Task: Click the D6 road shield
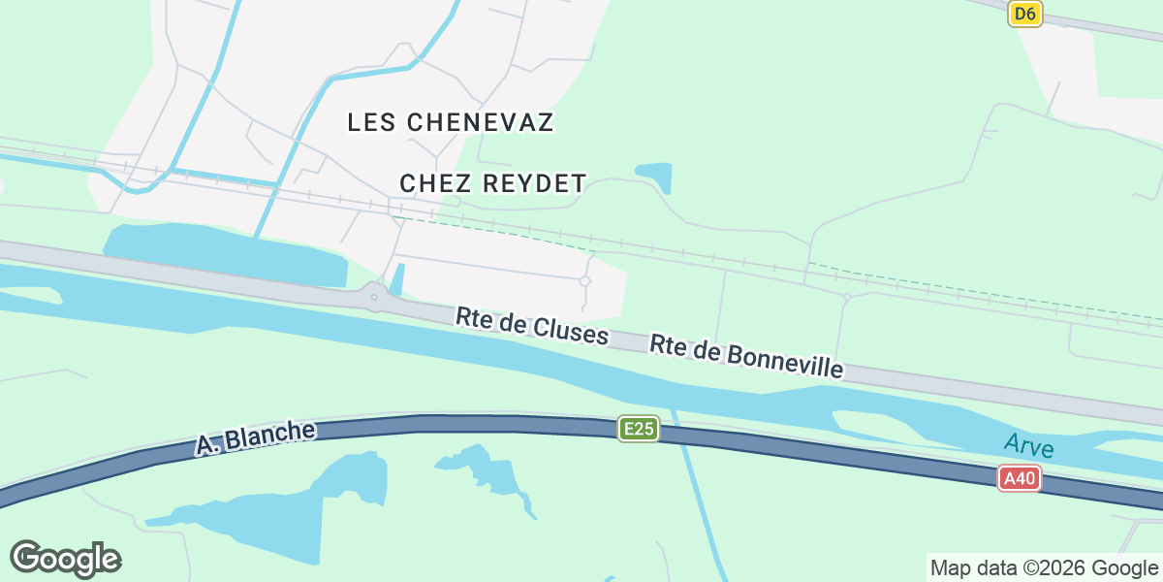[1024, 14]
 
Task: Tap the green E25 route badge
[639, 429]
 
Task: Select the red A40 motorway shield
[1021, 478]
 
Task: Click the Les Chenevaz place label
[451, 122]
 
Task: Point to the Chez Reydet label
[493, 183]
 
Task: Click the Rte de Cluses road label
[532, 327]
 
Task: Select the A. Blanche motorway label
[256, 438]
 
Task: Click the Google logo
[65, 559]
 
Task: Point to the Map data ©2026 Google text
[1043, 567]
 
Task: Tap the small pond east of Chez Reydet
[655, 175]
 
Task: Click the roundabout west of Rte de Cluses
[374, 297]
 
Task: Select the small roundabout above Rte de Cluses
[584, 281]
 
